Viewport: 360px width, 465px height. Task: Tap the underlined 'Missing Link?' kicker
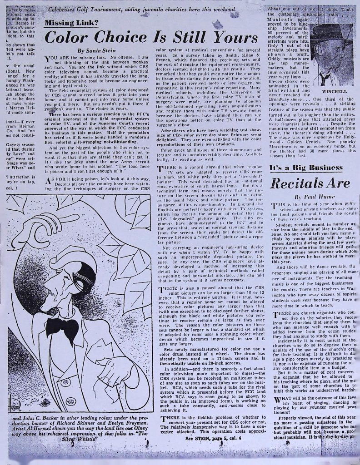coord(72,24)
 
